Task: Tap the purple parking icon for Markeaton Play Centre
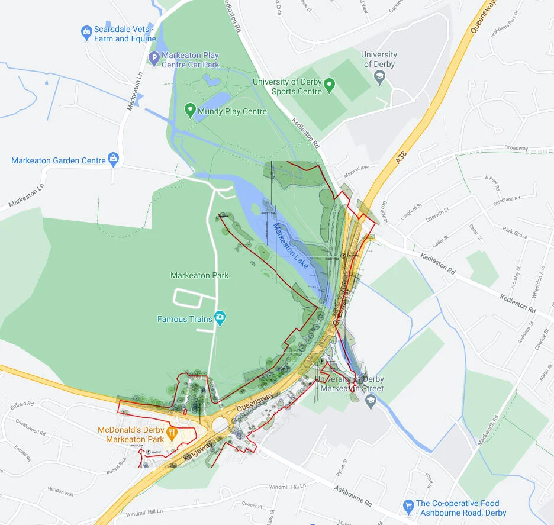154,58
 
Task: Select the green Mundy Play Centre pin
190,110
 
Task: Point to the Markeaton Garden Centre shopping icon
114,159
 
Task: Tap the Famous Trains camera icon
220,318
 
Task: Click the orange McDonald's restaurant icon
172,433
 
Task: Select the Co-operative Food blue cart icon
408,506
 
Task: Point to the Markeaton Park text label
199,276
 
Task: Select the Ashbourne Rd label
353,496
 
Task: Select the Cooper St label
252,505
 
